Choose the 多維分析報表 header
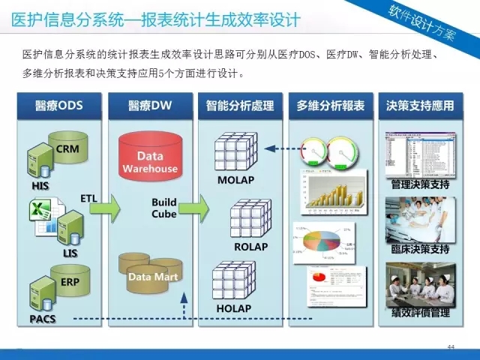coord(331,106)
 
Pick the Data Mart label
coord(150,276)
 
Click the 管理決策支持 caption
coord(420,184)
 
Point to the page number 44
coord(451,347)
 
